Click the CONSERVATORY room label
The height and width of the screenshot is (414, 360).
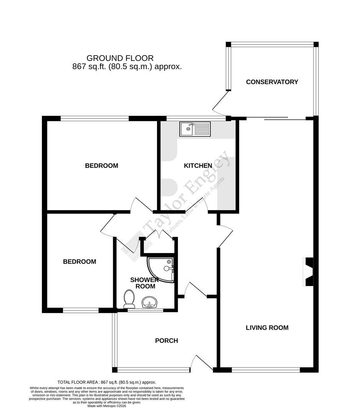(x=272, y=82)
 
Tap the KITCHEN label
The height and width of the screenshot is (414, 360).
(x=198, y=166)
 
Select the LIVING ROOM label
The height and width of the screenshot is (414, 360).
(x=267, y=328)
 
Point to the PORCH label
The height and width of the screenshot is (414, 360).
(x=166, y=341)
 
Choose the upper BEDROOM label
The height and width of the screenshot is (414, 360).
(x=101, y=166)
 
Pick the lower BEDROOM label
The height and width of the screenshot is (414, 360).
(x=79, y=262)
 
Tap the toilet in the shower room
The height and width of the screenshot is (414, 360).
(x=129, y=299)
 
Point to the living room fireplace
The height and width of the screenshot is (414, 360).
(x=308, y=272)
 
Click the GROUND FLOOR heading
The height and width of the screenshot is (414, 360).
(x=120, y=58)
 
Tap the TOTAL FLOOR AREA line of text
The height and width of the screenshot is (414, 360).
(x=107, y=382)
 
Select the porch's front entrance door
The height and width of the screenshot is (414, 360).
(x=202, y=363)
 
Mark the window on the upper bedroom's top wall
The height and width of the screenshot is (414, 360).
(x=94, y=118)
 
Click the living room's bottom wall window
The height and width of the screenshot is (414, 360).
(x=266, y=370)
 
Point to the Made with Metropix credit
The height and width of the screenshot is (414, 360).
(x=107, y=406)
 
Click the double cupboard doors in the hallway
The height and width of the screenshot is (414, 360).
(x=159, y=234)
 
